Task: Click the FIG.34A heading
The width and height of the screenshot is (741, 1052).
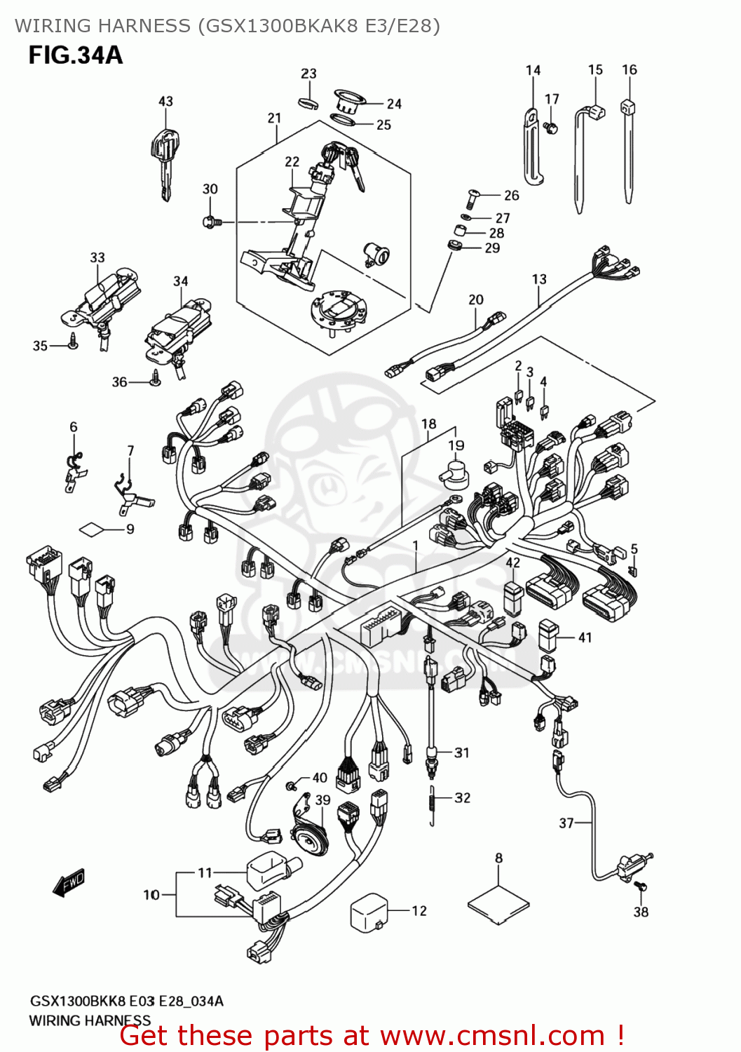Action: pos(76,55)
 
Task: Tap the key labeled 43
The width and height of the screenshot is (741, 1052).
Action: pos(164,158)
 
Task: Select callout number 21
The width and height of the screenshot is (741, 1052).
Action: pos(274,119)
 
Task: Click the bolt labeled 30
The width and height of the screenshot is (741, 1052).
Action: pos(210,222)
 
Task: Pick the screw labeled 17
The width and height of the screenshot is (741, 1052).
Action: pos(551,128)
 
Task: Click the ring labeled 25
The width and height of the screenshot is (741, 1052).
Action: pos(343,121)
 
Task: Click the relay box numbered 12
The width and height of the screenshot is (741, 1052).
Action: pos(369,912)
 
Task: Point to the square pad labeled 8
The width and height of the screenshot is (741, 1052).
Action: pos(498,902)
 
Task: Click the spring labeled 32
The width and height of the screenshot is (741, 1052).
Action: pos(433,805)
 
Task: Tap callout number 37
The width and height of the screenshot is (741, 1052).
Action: pos(566,823)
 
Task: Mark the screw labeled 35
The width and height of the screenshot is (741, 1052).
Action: pos(73,343)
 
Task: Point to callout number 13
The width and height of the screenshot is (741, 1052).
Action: pos(539,279)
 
